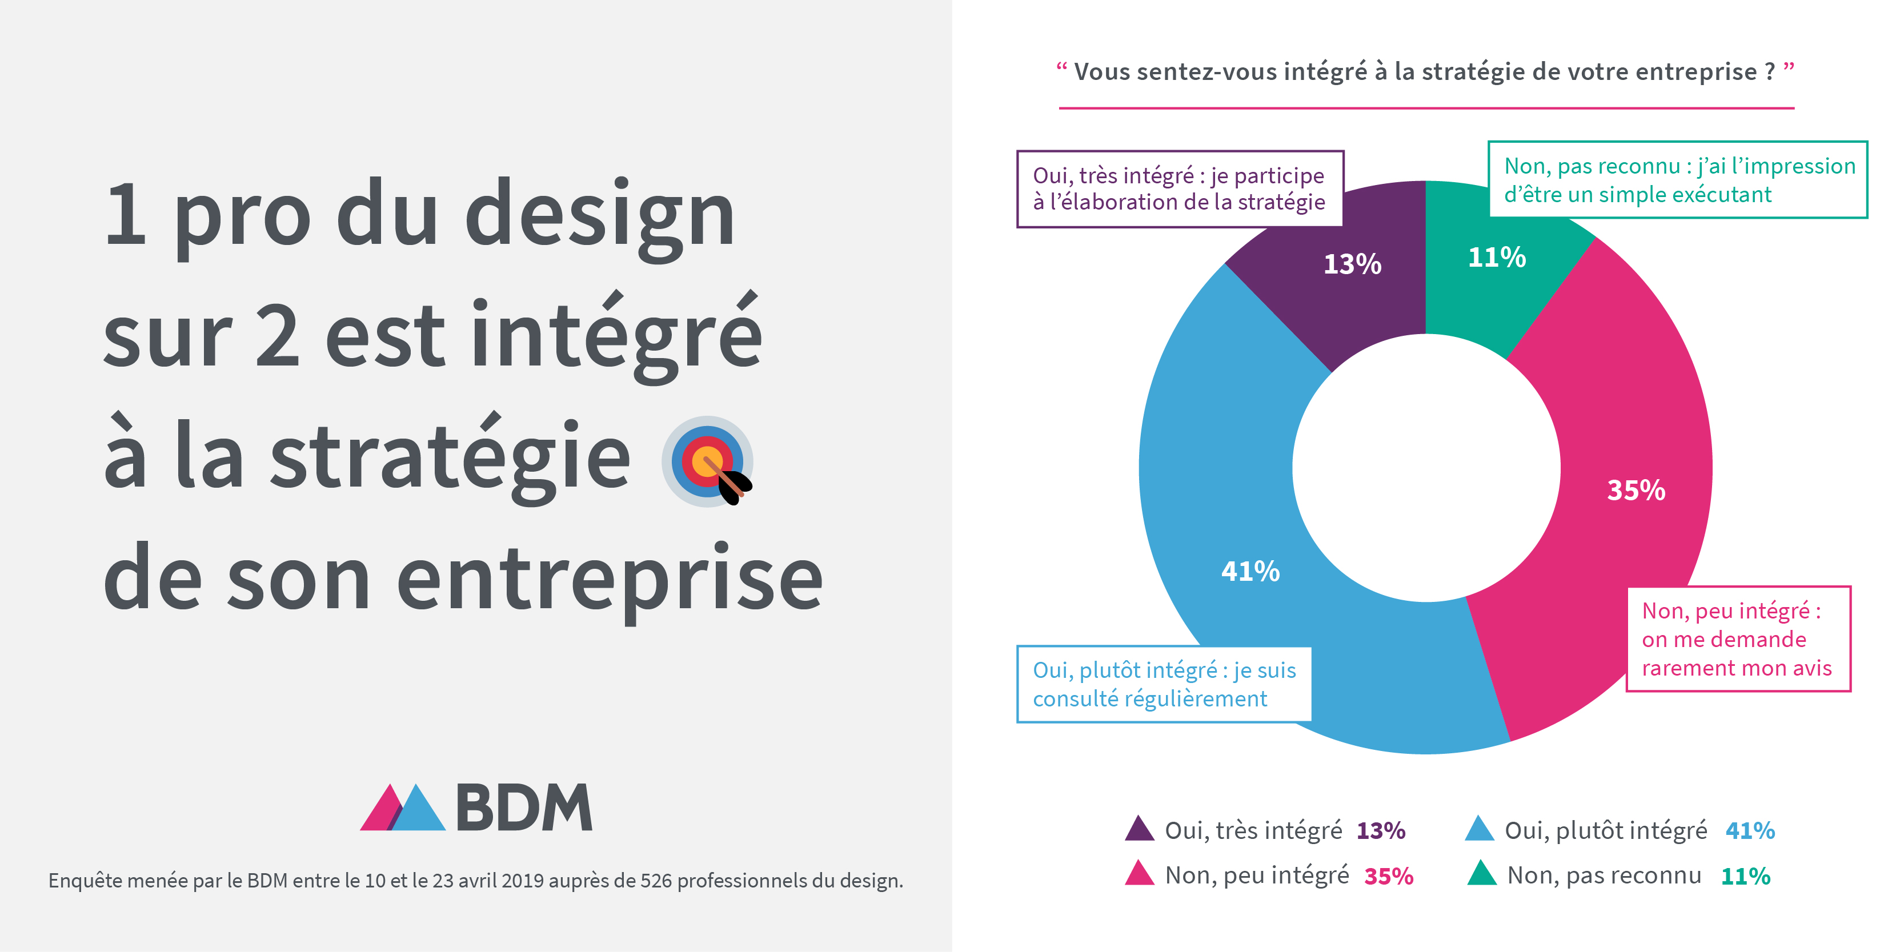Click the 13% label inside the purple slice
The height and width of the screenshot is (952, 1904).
pyautogui.click(x=1352, y=264)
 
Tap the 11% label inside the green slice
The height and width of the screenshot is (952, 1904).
pyautogui.click(x=1497, y=257)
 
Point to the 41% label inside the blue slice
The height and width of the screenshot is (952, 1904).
pyautogui.click(x=1250, y=571)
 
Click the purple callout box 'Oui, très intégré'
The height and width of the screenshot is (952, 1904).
pyautogui.click(x=1180, y=189)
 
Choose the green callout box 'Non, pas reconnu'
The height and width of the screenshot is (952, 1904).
pyautogui.click(x=1678, y=180)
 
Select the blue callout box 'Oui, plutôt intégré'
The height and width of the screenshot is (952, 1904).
pyautogui.click(x=1164, y=684)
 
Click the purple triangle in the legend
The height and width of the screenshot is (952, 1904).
pyautogui.click(x=1139, y=829)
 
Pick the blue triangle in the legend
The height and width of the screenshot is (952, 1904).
pyautogui.click(x=1480, y=829)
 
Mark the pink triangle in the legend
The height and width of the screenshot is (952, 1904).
pyautogui.click(x=1139, y=874)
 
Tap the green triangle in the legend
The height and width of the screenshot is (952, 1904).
pyautogui.click(x=1482, y=874)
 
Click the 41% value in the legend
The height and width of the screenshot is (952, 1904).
pyautogui.click(x=1750, y=831)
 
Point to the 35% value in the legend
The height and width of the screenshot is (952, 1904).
pyautogui.click(x=1388, y=877)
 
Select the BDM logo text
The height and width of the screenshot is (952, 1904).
pyautogui.click(x=523, y=808)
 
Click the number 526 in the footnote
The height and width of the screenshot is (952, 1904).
pyautogui.click(x=656, y=881)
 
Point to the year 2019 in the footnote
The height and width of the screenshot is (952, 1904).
pyautogui.click(x=523, y=881)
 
